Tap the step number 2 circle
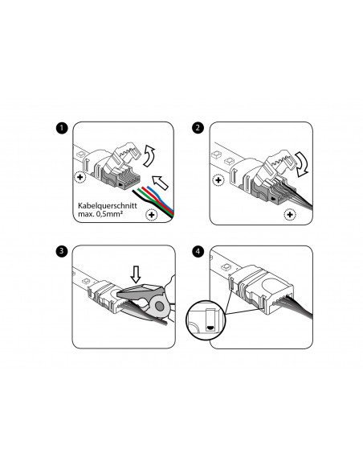(x=199, y=128)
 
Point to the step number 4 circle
(x=199, y=250)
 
